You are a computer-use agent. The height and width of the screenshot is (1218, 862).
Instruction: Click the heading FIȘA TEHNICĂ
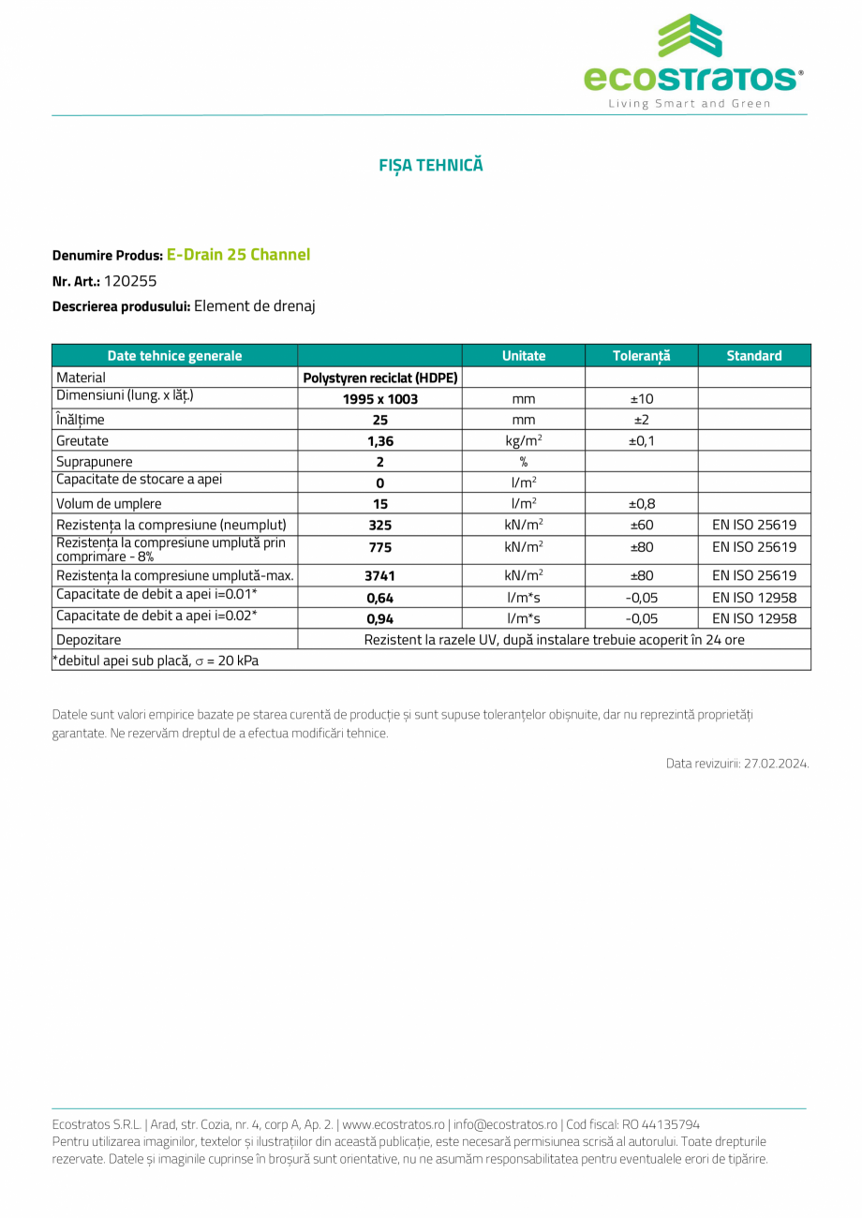[x=431, y=165]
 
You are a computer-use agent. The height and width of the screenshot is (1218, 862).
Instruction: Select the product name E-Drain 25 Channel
[x=238, y=255]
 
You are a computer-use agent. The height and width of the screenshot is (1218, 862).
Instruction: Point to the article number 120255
[x=130, y=280]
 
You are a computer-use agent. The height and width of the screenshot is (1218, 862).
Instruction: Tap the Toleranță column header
[x=641, y=356]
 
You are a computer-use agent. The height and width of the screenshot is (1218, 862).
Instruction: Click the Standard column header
[x=753, y=356]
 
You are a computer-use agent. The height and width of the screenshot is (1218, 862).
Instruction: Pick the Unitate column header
[x=523, y=356]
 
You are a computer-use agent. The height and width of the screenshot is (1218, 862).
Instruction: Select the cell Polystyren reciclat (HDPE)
[x=379, y=378]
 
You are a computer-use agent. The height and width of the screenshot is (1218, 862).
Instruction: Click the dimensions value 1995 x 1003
[x=379, y=399]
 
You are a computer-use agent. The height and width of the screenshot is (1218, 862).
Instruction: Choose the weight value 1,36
[x=379, y=441]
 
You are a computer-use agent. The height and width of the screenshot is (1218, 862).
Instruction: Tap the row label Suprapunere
[x=95, y=462]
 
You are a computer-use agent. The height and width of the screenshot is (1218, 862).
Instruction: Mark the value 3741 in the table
[x=379, y=576]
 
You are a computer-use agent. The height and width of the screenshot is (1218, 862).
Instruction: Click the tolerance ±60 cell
[x=641, y=525]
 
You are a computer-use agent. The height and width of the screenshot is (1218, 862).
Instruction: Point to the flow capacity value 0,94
[x=379, y=619]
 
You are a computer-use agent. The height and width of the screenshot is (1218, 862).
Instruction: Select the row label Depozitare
[x=88, y=640]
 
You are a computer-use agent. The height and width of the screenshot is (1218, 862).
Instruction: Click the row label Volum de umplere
[x=109, y=504]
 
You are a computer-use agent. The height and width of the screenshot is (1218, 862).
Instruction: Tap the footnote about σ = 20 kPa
[x=156, y=661]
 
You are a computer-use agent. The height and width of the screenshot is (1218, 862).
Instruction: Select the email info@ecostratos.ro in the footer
[x=505, y=1124]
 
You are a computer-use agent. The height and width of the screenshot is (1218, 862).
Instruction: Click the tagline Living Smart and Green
[x=690, y=103]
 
